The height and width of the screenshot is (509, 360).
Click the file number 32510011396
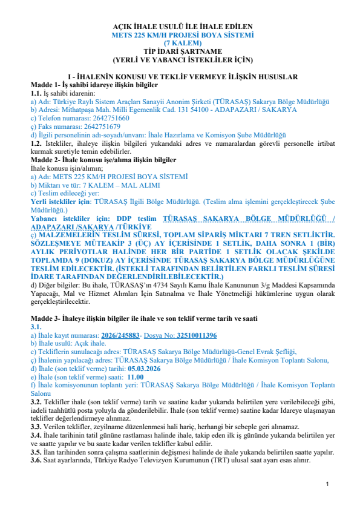pos(197,335)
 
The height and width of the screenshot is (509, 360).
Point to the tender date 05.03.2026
pos(143,367)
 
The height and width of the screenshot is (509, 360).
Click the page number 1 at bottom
pos(327,484)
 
